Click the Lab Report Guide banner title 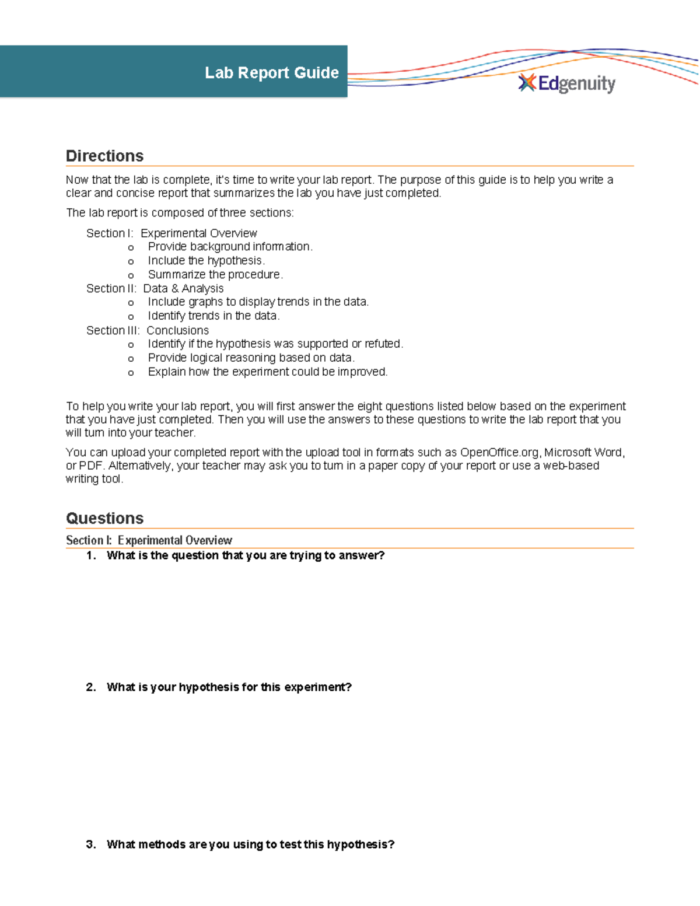[271, 72]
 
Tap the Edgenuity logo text [576, 84]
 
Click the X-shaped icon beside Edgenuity [527, 83]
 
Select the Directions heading [104, 156]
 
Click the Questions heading [104, 518]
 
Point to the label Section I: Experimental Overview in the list [171, 233]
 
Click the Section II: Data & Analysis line [155, 288]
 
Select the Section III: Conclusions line [147, 330]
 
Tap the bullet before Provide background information [131, 247]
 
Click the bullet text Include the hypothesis [206, 260]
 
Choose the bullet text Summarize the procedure [215, 274]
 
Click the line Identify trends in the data [213, 316]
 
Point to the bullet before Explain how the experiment [131, 373]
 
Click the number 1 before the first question [90, 555]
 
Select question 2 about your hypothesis [229, 687]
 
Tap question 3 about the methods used [250, 844]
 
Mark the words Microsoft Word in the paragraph [584, 452]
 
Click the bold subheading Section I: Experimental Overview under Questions [149, 540]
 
